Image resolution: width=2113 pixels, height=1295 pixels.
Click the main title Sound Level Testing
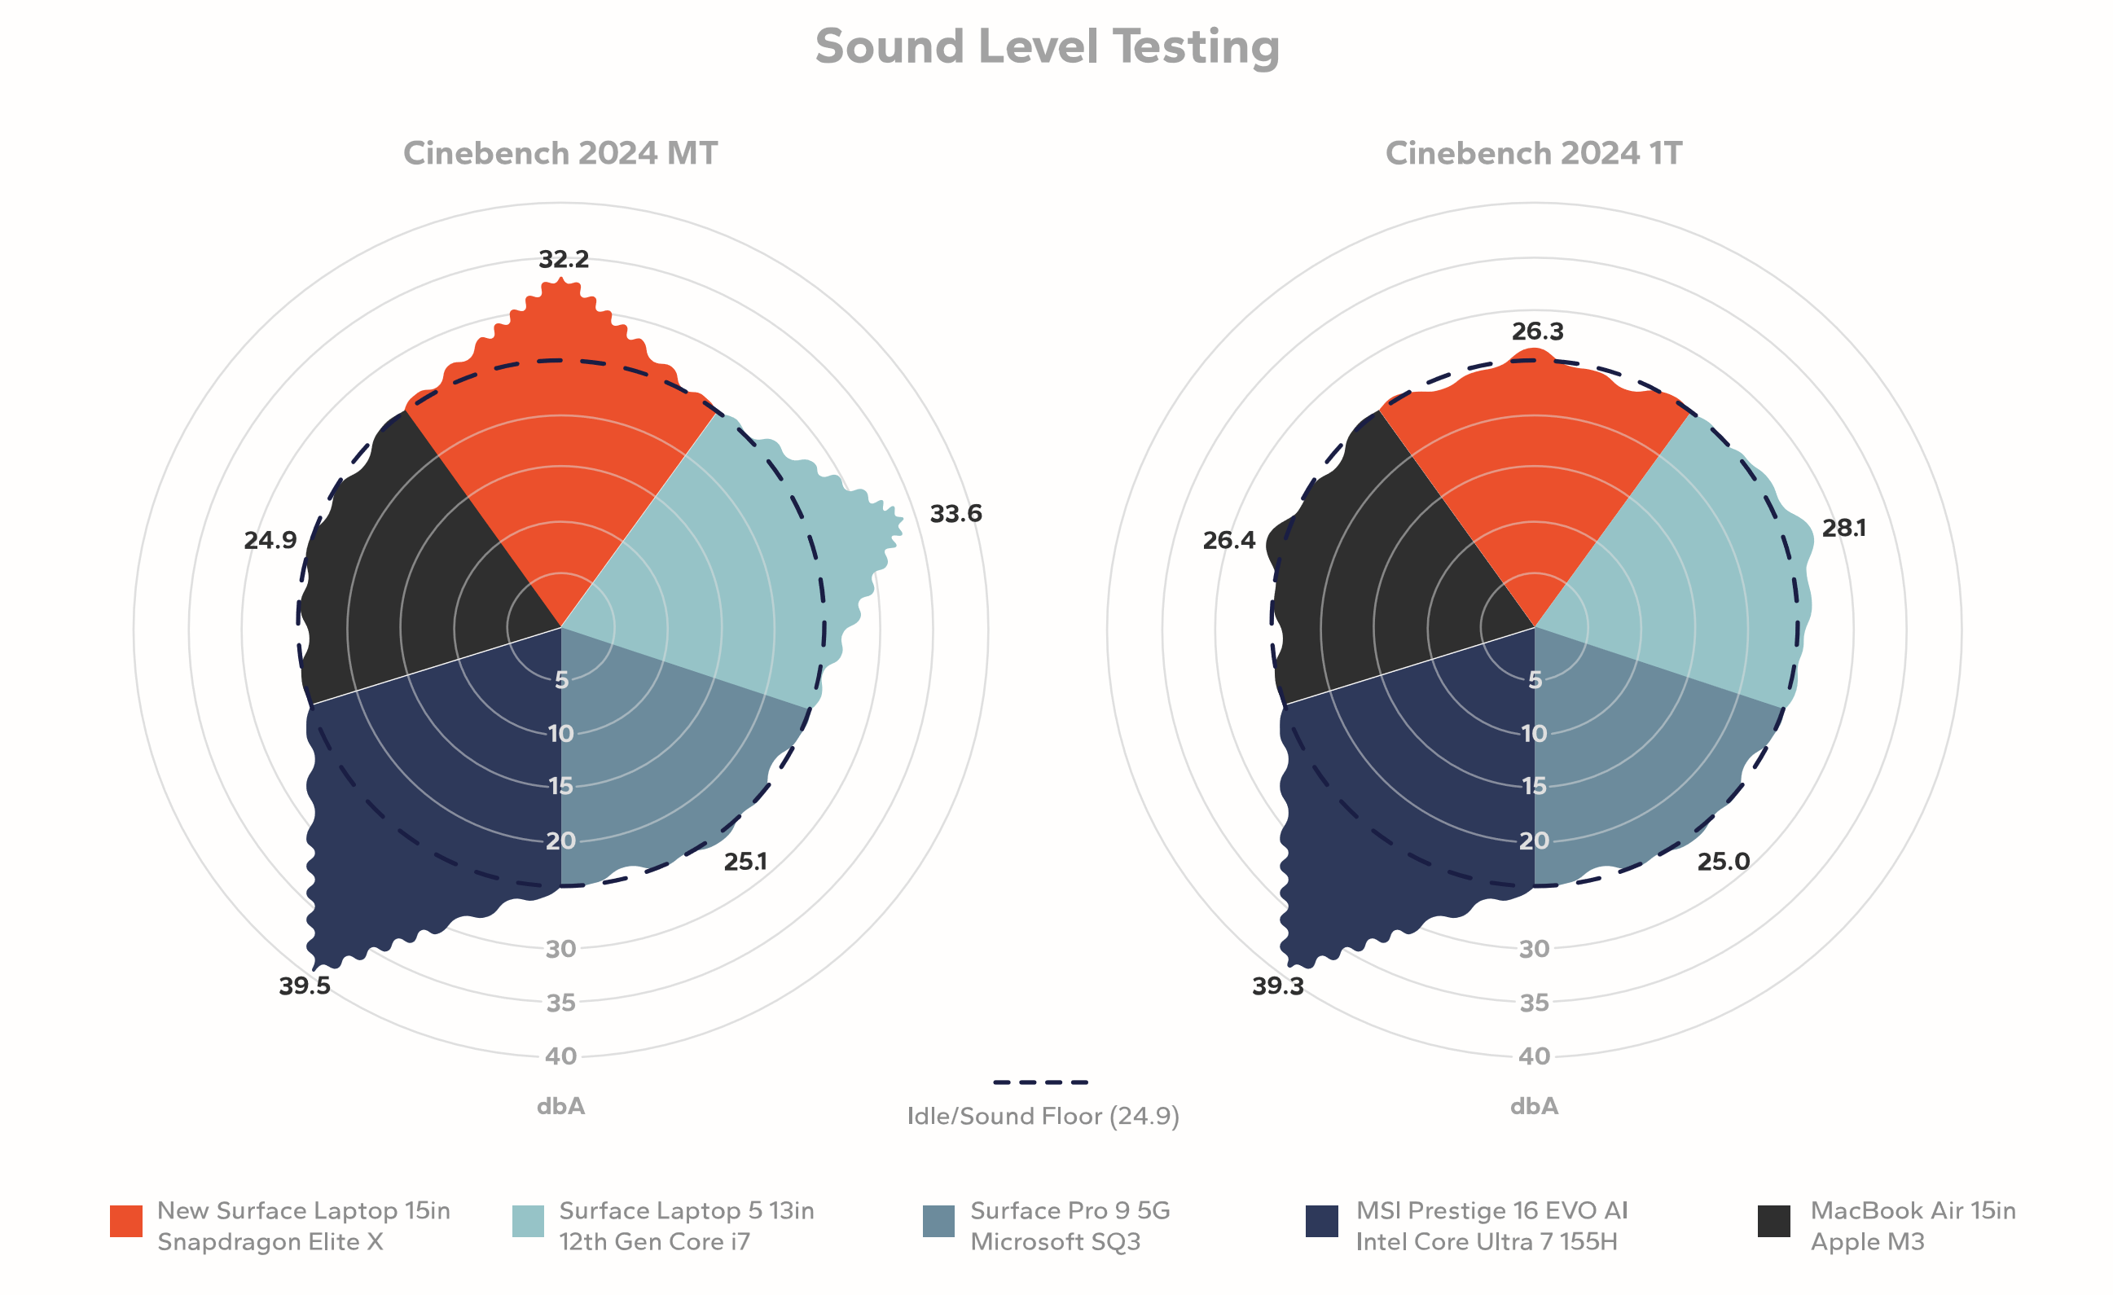click(x=1047, y=46)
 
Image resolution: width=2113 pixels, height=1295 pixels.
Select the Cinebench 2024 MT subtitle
click(x=560, y=153)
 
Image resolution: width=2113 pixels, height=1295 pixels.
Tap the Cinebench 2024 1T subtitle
click(x=1533, y=153)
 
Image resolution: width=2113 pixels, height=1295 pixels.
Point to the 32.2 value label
click(x=564, y=259)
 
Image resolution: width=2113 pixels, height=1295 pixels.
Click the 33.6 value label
click(x=955, y=514)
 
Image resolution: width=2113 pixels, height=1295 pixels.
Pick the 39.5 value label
click(x=305, y=986)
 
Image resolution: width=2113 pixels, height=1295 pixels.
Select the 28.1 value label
click(x=1843, y=529)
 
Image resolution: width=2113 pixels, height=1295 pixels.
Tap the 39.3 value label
click(x=1278, y=986)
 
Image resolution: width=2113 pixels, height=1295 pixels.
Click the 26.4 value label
click(x=1229, y=540)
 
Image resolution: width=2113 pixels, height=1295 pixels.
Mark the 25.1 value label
click(x=745, y=862)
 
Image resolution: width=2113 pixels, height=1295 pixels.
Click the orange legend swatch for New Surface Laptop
click(x=126, y=1221)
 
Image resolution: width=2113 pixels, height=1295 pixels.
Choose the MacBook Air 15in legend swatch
click(x=1773, y=1221)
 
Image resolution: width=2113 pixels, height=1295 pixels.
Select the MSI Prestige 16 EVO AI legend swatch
click(x=1321, y=1221)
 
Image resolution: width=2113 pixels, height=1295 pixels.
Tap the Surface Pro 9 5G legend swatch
click(x=938, y=1221)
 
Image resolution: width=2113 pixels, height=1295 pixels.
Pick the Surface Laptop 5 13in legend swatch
click(x=527, y=1221)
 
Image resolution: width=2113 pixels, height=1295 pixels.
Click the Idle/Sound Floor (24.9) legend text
click(x=1043, y=1116)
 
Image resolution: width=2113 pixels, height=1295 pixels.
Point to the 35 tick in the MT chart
click(x=561, y=1002)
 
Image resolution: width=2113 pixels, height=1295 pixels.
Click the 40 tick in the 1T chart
click(x=1534, y=1056)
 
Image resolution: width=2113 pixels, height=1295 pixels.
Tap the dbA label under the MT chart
click(x=561, y=1106)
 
